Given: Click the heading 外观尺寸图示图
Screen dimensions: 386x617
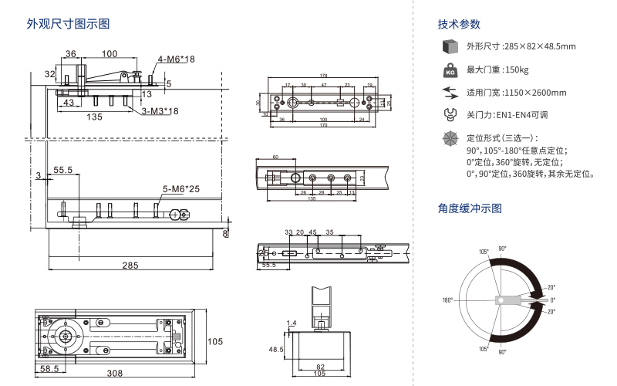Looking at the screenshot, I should [x=68, y=24].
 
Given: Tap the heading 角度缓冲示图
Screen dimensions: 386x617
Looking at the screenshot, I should [x=470, y=208].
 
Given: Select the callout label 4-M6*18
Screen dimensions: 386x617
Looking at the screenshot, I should [x=177, y=59].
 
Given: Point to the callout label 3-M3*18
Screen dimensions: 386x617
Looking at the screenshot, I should [x=160, y=111].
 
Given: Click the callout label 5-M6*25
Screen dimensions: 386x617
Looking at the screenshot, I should [x=181, y=189].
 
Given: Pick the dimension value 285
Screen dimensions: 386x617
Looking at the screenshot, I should [x=130, y=266].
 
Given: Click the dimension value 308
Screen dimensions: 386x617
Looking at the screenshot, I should [x=115, y=373].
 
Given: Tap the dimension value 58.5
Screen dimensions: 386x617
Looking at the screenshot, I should [x=50, y=369].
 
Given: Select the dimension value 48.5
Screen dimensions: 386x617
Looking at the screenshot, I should [x=276, y=350].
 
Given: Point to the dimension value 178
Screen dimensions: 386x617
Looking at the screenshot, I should [x=322, y=75].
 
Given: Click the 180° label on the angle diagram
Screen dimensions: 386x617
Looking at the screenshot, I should [x=447, y=300].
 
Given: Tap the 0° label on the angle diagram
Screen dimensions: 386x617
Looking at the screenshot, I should [x=552, y=300].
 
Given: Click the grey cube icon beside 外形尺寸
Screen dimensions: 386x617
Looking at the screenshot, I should [x=448, y=47].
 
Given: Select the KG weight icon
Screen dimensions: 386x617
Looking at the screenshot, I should [x=448, y=70].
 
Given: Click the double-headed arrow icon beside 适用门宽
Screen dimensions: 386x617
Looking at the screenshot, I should [x=448, y=93].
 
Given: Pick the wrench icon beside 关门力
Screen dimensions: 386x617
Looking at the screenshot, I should [x=448, y=115].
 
